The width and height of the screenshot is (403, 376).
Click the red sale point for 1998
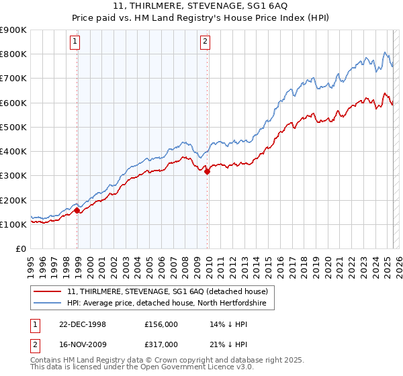[77, 211]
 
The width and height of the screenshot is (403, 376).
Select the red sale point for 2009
[207, 171]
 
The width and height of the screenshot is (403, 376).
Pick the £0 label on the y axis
[20, 249]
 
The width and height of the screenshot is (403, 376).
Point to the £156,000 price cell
[162, 324]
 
